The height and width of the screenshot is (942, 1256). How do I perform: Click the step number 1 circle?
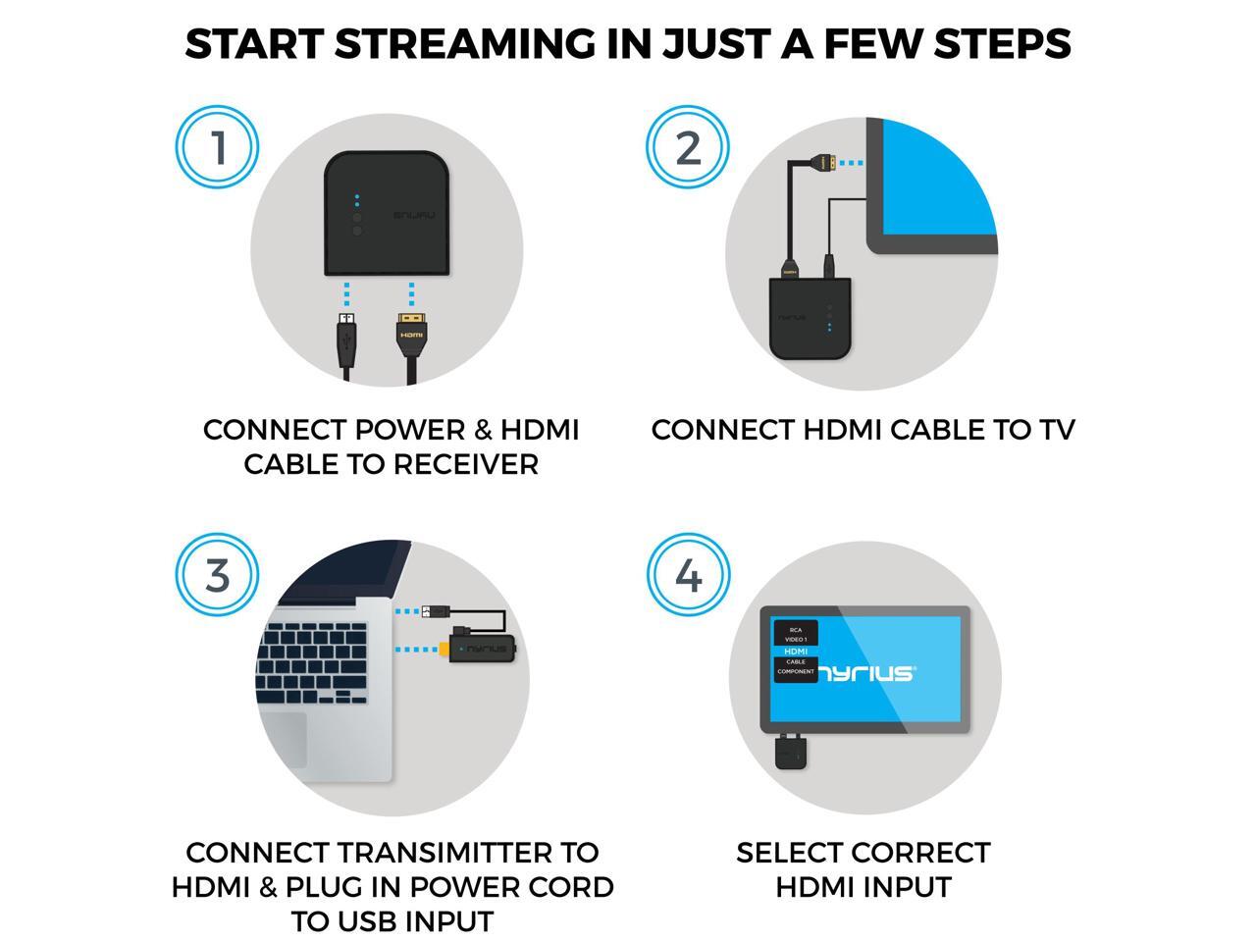pyautogui.click(x=217, y=147)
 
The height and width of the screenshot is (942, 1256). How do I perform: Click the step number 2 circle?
pyautogui.click(x=688, y=147)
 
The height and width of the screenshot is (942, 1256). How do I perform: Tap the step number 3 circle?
pyautogui.click(x=217, y=575)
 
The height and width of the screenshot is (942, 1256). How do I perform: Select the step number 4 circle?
pyautogui.click(x=689, y=575)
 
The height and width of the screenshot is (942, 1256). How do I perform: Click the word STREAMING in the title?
pyautogui.click(x=465, y=44)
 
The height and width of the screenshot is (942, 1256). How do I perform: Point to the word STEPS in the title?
pyautogui.click(x=1002, y=44)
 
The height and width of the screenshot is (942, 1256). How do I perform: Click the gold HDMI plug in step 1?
pyautogui.click(x=411, y=335)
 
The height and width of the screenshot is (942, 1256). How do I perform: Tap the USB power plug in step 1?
pyautogui.click(x=346, y=340)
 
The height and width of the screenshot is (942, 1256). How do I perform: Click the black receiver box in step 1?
pyautogui.click(x=387, y=213)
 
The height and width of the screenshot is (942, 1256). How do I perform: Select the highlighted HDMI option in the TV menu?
pyautogui.click(x=796, y=652)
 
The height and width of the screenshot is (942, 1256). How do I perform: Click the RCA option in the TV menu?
pyautogui.click(x=796, y=630)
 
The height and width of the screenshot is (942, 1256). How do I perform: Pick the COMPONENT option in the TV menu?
pyautogui.click(x=796, y=671)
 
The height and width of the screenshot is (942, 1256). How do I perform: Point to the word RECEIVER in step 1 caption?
pyautogui.click(x=466, y=464)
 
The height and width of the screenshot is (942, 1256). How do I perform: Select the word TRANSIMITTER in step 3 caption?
pyautogui.click(x=460, y=853)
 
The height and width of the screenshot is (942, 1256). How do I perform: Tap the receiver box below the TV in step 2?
pyautogui.click(x=810, y=318)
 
